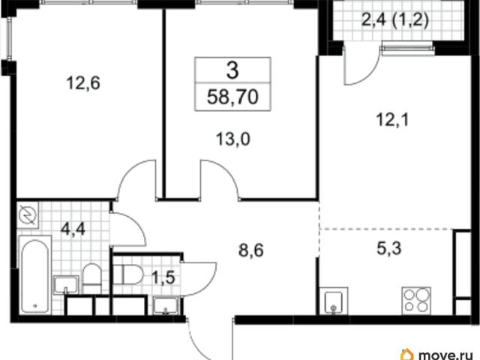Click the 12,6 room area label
click(83, 83)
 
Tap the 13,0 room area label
click(233, 139)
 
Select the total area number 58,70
click(232, 97)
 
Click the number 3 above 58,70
click(232, 70)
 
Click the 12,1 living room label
click(393, 120)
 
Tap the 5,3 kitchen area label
click(388, 248)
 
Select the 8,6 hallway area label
click(251, 250)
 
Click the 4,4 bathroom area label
click(73, 229)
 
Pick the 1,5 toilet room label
click(163, 278)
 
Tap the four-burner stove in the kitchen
click(416, 301)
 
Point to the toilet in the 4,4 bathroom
click(91, 274)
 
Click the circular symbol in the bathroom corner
click(28, 214)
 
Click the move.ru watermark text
click(448, 355)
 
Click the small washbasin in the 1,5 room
click(166, 305)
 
